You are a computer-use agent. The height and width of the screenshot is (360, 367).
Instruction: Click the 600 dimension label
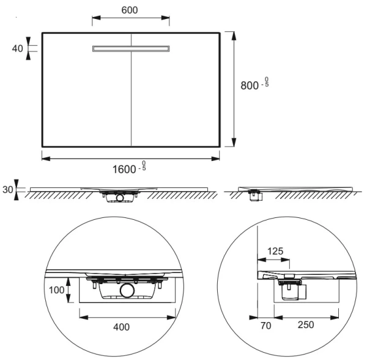click(x=130, y=10)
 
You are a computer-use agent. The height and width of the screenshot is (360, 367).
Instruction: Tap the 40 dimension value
click(x=18, y=48)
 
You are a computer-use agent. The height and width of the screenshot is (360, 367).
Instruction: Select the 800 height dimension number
click(x=250, y=86)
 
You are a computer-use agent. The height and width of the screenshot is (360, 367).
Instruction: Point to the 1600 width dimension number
click(x=124, y=170)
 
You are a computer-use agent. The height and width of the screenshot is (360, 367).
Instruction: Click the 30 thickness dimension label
click(x=8, y=189)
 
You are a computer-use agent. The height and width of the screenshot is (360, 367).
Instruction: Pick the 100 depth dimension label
click(x=57, y=290)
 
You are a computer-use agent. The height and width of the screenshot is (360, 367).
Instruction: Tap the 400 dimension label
click(x=122, y=327)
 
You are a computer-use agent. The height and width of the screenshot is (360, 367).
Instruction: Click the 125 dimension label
click(x=275, y=251)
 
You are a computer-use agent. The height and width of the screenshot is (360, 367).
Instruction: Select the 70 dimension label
click(x=265, y=325)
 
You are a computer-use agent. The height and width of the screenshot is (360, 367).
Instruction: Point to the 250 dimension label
click(x=306, y=324)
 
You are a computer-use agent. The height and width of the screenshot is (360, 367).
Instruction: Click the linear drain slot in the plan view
click(x=131, y=48)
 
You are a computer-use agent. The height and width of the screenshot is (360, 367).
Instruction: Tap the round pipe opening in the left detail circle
click(x=127, y=290)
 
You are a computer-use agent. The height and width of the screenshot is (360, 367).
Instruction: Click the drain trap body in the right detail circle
click(x=290, y=293)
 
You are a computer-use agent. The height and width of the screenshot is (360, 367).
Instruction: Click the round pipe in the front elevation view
click(x=120, y=198)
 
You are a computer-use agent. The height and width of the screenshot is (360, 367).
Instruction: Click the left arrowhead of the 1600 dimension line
click(x=46, y=159)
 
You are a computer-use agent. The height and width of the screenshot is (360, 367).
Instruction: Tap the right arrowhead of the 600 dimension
click(x=165, y=18)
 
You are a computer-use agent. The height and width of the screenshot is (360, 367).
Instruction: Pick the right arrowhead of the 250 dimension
click(x=335, y=318)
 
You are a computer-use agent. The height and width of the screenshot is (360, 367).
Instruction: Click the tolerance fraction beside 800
click(x=267, y=82)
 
